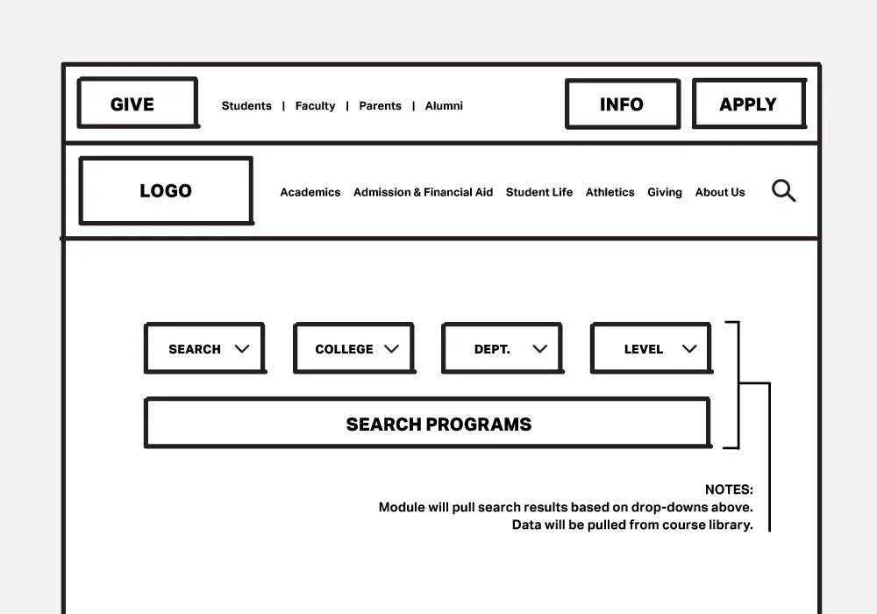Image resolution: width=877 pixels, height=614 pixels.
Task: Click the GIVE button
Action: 138,104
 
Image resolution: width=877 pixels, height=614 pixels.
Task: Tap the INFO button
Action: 622,104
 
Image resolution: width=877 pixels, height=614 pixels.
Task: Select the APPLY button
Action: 748,104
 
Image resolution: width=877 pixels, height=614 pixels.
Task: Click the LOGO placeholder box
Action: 166,190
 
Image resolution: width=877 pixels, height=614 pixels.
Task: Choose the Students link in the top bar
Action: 246,106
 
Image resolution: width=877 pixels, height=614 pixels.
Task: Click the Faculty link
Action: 315,106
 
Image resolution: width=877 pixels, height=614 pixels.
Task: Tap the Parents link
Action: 380,106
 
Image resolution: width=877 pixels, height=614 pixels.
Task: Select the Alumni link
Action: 444,106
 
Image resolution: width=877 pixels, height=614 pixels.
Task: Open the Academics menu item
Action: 310,192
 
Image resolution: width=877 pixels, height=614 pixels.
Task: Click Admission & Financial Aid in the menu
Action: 423,192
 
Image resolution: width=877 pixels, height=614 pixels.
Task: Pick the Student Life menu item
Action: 539,192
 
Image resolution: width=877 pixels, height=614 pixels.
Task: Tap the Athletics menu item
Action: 610,192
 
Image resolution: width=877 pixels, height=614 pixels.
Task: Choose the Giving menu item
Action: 665,192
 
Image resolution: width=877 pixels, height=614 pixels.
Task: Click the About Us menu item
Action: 720,192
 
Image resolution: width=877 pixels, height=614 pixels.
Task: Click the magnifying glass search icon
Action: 783,190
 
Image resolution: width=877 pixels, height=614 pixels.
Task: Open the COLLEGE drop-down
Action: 353,348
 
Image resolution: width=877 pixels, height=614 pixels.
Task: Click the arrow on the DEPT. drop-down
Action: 540,348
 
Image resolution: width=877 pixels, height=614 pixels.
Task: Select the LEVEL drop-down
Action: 651,348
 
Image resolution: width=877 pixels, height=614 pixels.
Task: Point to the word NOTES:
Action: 729,490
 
